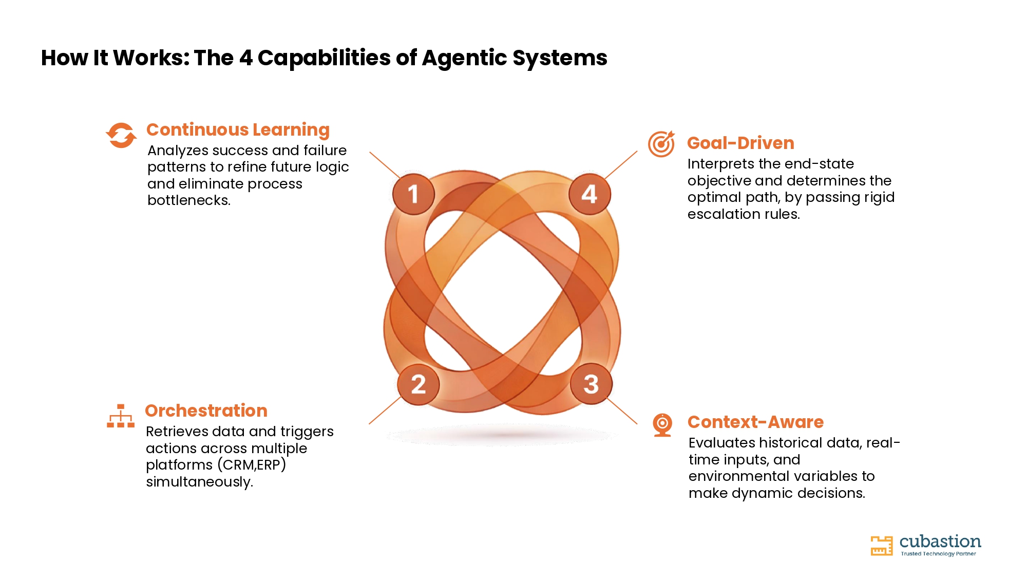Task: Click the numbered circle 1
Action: pos(413,194)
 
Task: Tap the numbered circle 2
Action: pos(419,384)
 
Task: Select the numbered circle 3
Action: pos(591,384)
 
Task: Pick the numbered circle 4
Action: pos(589,194)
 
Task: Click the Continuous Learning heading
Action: pos(238,130)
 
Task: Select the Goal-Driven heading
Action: pos(740,143)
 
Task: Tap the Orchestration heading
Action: pos(206,411)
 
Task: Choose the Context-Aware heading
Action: pos(755,422)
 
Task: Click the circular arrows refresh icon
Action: pos(121,135)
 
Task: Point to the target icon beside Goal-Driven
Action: pos(661,144)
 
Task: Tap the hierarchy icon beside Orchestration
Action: pos(121,416)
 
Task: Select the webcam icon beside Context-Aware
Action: pos(662,425)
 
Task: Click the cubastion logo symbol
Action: pos(882,546)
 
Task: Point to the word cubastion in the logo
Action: pos(940,542)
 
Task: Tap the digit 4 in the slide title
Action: pos(246,58)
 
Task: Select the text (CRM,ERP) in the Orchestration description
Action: pos(252,465)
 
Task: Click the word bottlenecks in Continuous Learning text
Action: pos(189,200)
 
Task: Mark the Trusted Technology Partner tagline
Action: pos(938,554)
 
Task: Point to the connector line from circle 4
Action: pos(621,165)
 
